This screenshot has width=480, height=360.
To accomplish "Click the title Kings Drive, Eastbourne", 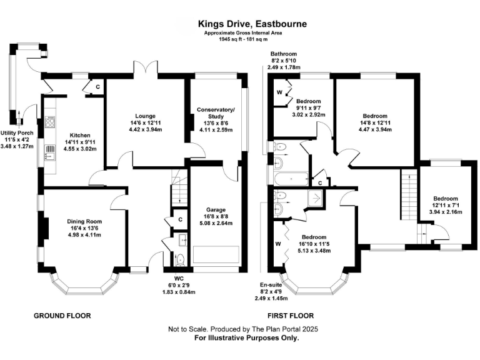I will click(x=241, y=22).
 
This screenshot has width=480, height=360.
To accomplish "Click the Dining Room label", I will click(x=84, y=221).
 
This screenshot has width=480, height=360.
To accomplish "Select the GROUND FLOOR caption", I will click(x=62, y=316).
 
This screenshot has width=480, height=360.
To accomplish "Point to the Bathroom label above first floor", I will click(x=283, y=54).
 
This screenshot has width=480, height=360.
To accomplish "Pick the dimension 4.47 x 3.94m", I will click(x=376, y=130).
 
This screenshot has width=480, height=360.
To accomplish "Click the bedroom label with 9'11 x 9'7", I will click(x=309, y=101).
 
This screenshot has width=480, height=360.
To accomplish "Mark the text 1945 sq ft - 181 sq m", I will click(x=241, y=39).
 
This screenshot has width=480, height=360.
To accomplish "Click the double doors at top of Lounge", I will click(x=144, y=68).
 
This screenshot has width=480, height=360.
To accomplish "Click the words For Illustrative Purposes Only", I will click(x=246, y=337).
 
